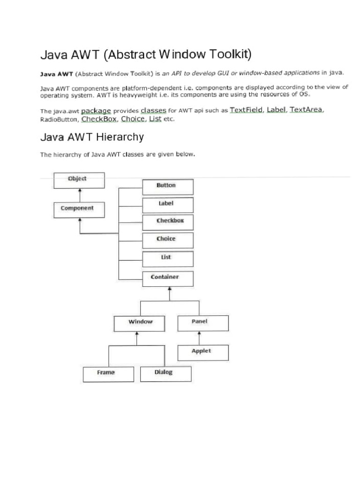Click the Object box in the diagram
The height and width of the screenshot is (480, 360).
pyautogui.click(x=79, y=180)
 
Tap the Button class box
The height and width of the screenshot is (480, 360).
pyautogui.click(x=167, y=187)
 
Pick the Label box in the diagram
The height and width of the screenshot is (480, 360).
pyautogui.click(x=167, y=205)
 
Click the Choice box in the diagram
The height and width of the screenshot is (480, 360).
pyautogui.click(x=167, y=240)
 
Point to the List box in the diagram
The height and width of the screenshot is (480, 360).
pyautogui.click(x=167, y=259)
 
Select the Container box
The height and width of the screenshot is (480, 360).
pyautogui.click(x=167, y=278)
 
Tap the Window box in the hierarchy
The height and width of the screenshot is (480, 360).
pyautogui.click(x=140, y=323)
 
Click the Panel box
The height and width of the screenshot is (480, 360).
pyautogui.click(x=203, y=323)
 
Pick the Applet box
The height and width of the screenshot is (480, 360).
pyautogui.click(x=203, y=352)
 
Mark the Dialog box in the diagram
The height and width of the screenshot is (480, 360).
pyautogui.click(x=166, y=374)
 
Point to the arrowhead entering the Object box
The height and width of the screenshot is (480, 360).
pyautogui.click(x=80, y=190)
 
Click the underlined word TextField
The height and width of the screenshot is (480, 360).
pyautogui.click(x=246, y=110)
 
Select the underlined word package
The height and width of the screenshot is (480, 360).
pyautogui.click(x=96, y=111)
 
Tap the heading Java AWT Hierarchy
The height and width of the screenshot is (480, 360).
pyautogui.click(x=92, y=137)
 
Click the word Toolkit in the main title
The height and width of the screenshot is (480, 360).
pyautogui.click(x=229, y=55)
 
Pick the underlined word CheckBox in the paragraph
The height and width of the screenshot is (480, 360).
pyautogui.click(x=99, y=119)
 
